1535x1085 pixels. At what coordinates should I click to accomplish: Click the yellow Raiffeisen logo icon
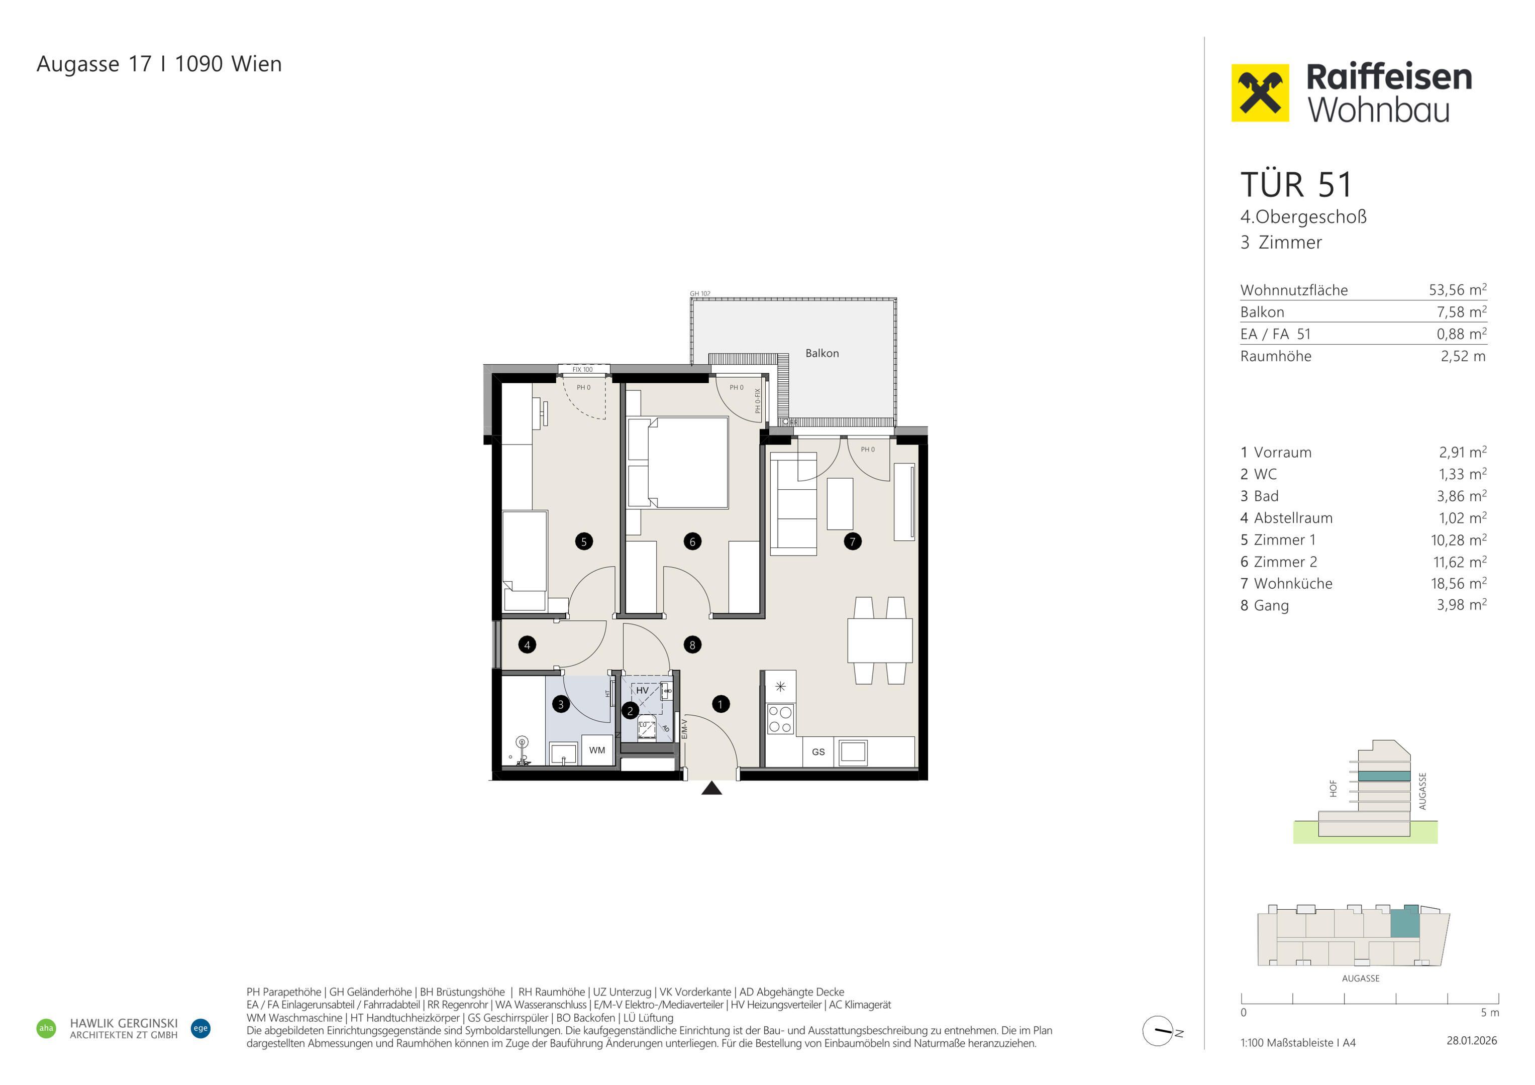tap(1260, 93)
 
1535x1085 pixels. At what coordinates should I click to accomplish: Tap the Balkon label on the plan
tap(822, 353)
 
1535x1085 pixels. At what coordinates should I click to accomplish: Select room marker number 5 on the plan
tap(584, 541)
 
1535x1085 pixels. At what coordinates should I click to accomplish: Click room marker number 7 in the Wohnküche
tap(852, 541)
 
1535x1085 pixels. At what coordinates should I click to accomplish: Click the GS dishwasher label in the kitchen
tap(818, 752)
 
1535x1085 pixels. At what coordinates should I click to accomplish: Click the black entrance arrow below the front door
tap(712, 788)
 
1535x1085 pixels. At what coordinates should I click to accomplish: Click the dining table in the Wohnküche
tap(880, 640)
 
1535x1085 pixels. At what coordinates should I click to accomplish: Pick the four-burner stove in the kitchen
tap(780, 719)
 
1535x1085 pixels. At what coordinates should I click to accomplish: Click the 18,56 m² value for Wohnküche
tap(1459, 583)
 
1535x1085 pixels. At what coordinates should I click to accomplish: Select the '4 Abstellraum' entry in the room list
tap(1286, 518)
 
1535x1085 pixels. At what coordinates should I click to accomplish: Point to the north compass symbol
tap(1159, 1031)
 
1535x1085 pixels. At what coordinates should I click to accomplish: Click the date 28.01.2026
tap(1472, 1041)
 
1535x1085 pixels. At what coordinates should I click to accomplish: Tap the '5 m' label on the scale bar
tap(1490, 1013)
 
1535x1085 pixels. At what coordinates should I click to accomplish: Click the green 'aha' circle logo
tap(46, 1028)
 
